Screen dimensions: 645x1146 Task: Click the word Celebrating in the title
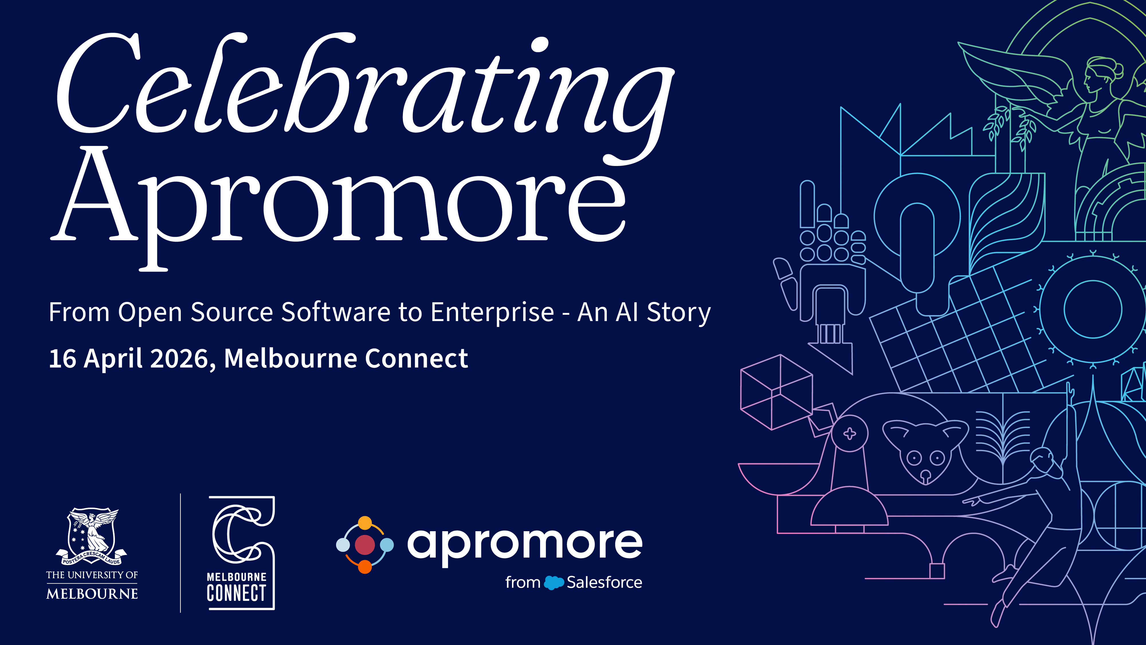365,89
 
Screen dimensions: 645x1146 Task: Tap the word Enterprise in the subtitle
492,312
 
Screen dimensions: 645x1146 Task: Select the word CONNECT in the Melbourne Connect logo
236,593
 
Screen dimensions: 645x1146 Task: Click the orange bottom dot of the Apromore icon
365,567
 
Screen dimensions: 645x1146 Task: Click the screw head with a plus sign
850,433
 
